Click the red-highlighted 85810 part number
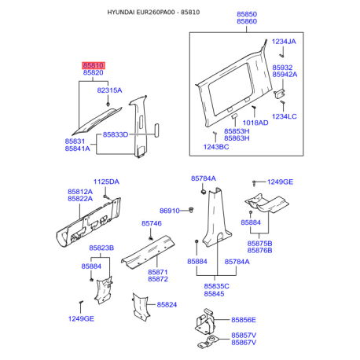tap(94, 65)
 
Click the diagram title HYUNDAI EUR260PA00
tap(141, 13)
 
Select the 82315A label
tap(109, 90)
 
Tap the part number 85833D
tap(116, 134)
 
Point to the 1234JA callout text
tap(284, 42)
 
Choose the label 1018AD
tap(255, 123)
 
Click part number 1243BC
tap(216, 147)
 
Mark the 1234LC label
tap(285, 116)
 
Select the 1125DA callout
tap(106, 182)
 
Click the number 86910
tap(170, 211)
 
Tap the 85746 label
tap(152, 223)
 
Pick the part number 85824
tap(167, 305)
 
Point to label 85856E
tap(244, 320)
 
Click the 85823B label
tap(101, 248)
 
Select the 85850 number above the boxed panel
tap(247, 14)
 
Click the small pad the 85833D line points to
tap(157, 130)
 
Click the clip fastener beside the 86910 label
tap(191, 210)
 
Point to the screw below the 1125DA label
tap(105, 197)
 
